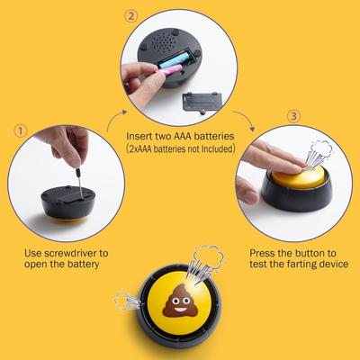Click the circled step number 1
pos(21,131)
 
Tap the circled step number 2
pos(131,16)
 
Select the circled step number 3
pos(293,116)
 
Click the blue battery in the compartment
pos(174,59)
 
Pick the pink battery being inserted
pos(172,71)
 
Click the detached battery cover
pos(202,103)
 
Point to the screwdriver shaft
pos(79,183)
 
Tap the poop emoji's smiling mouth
pos(181,309)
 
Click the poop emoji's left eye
pos(175,301)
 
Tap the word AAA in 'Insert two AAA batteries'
pos(182,136)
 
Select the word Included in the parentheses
pos(216,148)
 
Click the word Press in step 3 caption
pos(262,253)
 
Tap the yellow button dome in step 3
pos(299,176)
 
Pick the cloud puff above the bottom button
pos(209,256)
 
